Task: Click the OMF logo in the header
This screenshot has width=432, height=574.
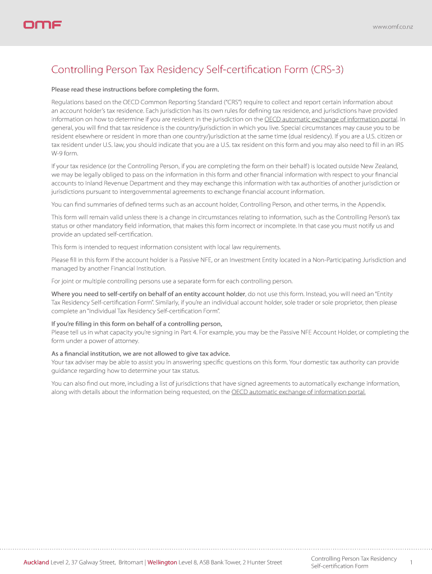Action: tap(42, 25)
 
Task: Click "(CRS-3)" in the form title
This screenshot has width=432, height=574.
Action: tap(327, 70)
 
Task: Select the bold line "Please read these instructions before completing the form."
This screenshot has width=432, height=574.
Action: tap(135, 89)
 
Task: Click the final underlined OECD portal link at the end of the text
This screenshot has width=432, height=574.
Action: tap(298, 392)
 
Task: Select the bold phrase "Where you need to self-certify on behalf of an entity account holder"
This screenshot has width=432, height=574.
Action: tap(148, 294)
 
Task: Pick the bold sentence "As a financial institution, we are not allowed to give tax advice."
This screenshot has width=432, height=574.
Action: tap(141, 353)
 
